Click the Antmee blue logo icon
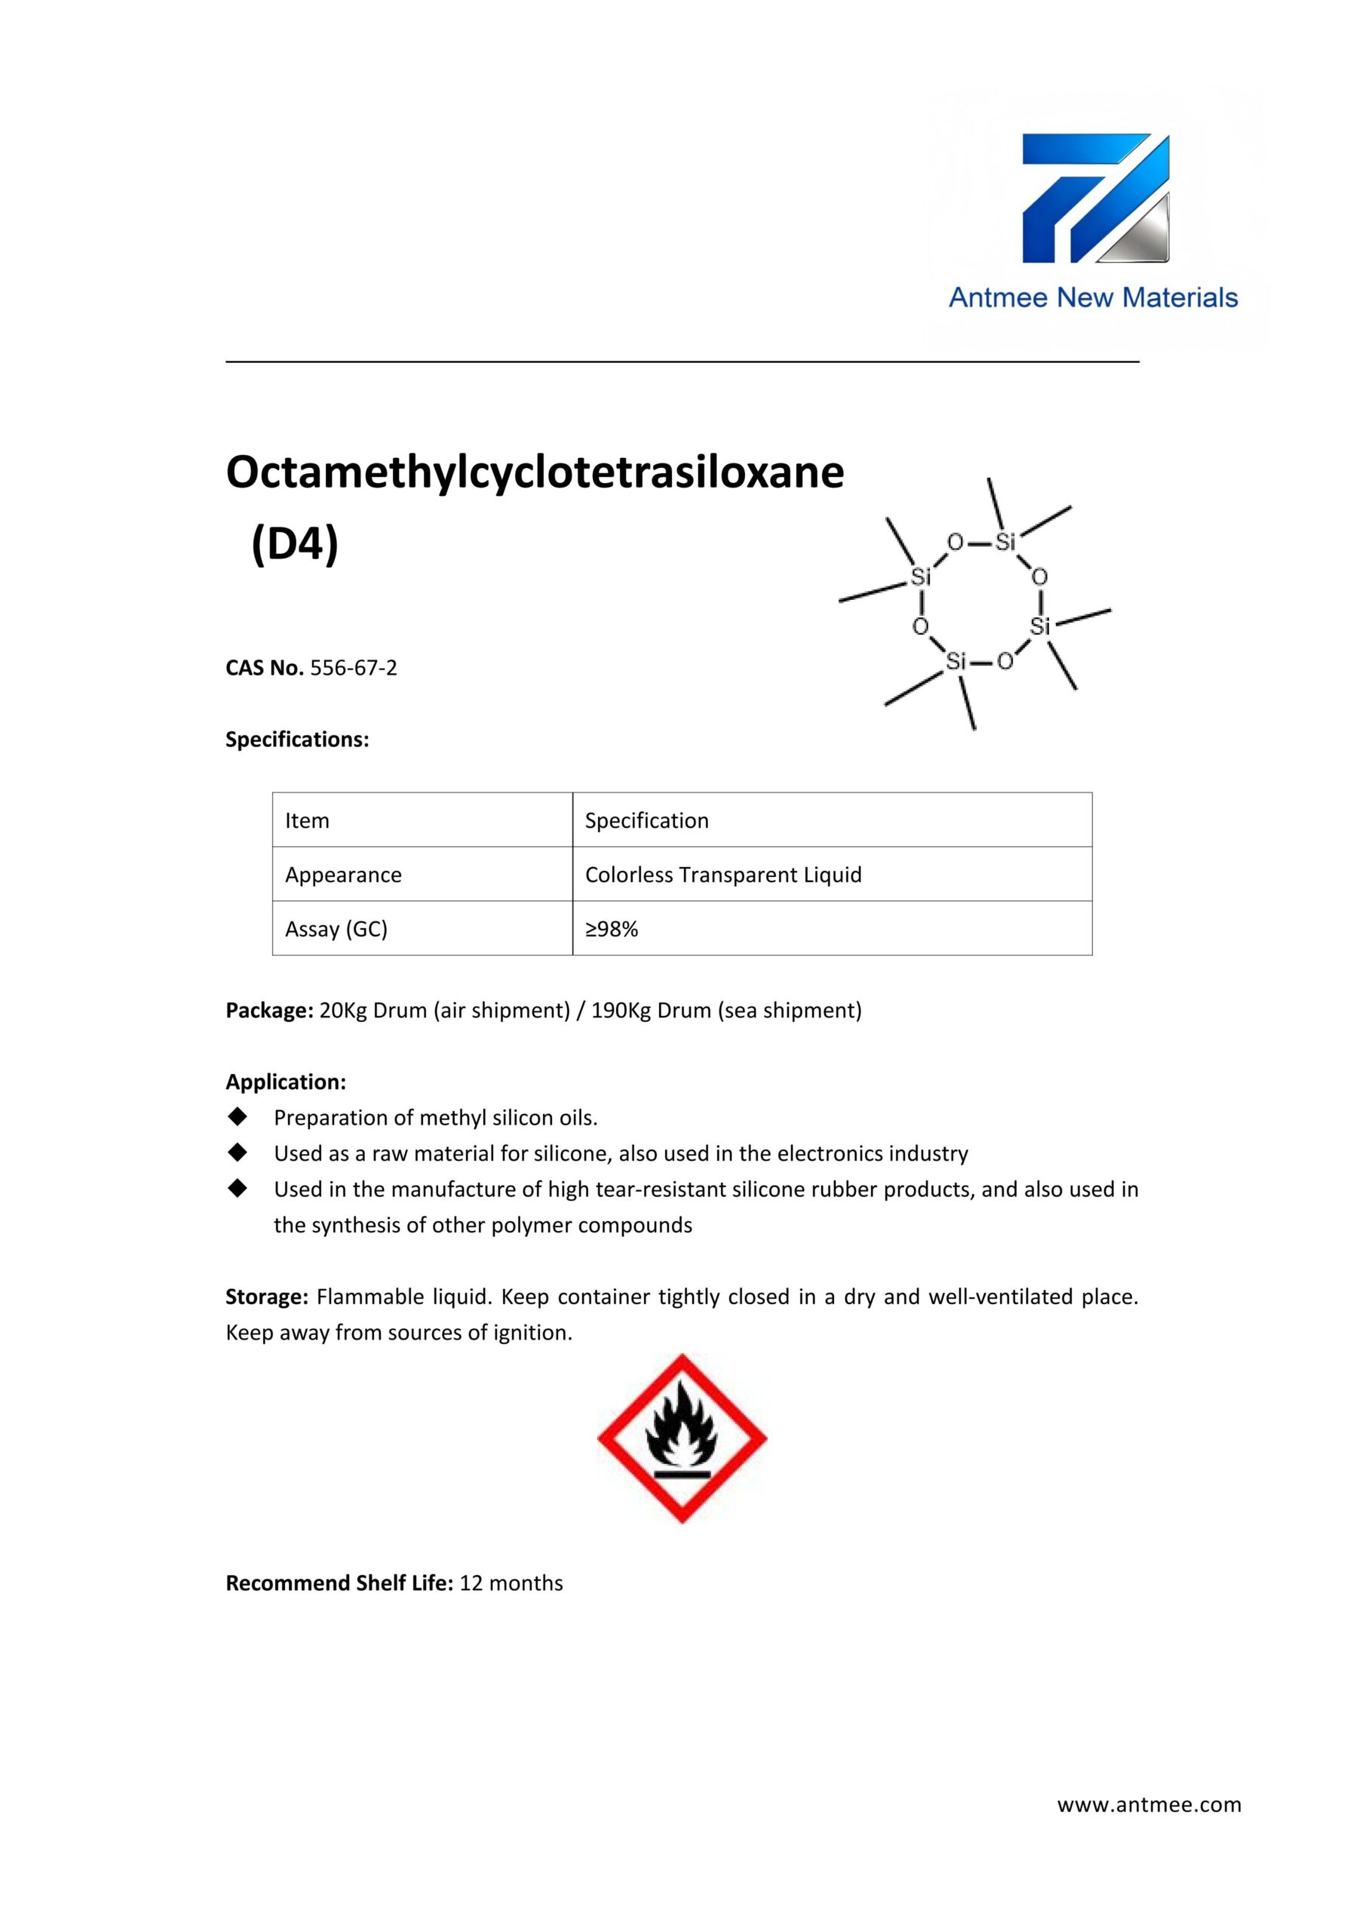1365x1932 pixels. coord(1095,198)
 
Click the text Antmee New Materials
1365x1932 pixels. coord(1093,297)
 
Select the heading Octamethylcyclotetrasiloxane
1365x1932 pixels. coord(535,472)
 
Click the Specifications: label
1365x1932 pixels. coord(297,740)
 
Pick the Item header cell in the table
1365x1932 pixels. coord(307,820)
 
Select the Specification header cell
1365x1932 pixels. coord(647,820)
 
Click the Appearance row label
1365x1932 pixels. coord(343,875)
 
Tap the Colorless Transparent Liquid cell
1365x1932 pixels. coord(723,875)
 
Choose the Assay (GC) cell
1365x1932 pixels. coord(336,929)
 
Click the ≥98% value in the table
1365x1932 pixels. coord(612,929)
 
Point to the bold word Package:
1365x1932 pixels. coord(269,1011)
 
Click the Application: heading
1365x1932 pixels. coord(286,1082)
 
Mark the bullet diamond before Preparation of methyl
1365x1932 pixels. coord(238,1117)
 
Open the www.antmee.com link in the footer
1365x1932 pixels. coord(1149,1804)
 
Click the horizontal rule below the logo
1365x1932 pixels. coord(682,361)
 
